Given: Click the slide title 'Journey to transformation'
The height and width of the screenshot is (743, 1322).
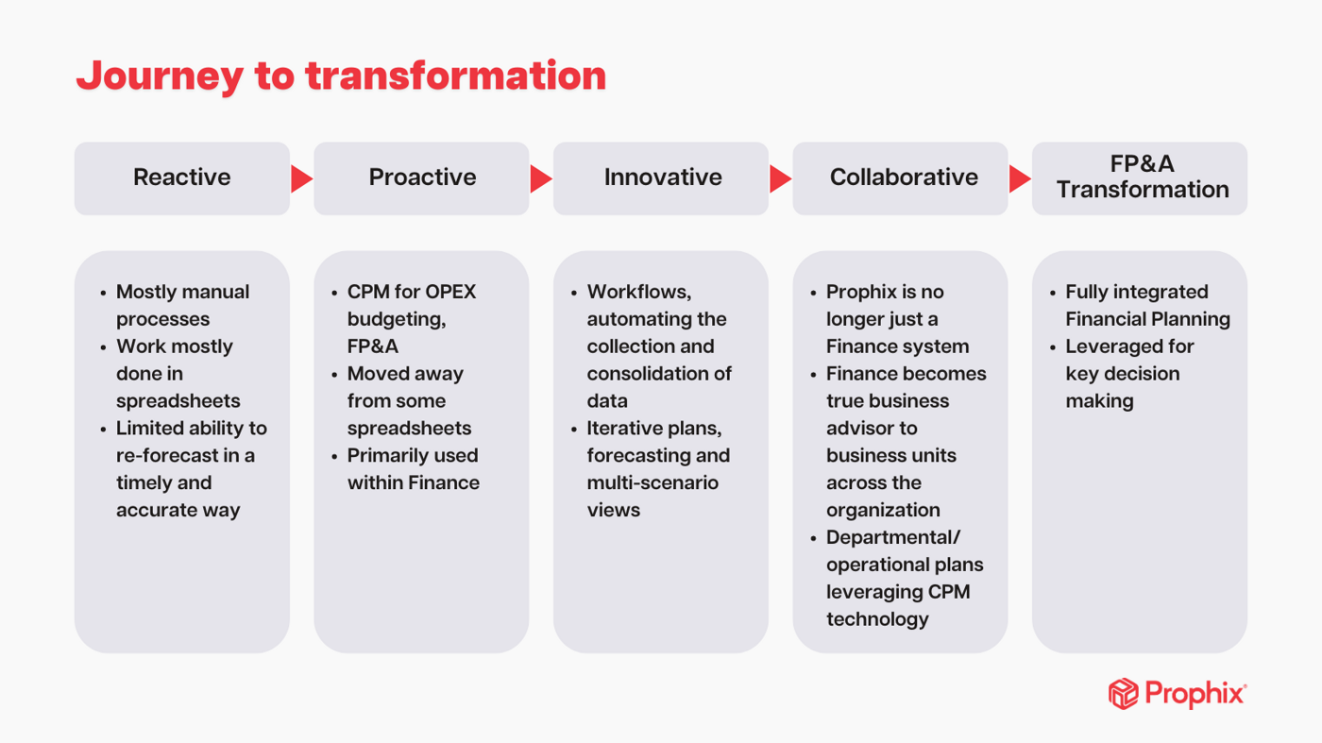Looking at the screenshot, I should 341,76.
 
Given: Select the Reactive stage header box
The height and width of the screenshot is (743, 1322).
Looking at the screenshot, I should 182,178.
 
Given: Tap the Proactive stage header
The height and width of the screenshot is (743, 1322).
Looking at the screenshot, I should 422,178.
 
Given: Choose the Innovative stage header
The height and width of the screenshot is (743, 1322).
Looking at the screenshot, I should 662,178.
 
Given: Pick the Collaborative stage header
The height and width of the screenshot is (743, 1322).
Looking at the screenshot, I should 903,178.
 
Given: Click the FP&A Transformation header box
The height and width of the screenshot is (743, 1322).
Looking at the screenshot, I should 1141,178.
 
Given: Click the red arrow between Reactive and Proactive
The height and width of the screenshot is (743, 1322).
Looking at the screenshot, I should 301,178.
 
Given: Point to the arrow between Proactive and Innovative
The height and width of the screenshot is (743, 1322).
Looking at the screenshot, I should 540,178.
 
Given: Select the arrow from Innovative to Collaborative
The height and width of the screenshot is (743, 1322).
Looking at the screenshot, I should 780,178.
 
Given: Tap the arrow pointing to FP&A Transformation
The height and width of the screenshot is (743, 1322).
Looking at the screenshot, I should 1019,178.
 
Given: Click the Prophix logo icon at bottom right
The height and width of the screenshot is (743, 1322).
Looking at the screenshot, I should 1123,694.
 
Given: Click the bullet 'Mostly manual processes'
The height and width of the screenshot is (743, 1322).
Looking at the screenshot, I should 182,305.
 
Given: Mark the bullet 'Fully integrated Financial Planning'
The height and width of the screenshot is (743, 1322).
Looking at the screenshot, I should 1146,305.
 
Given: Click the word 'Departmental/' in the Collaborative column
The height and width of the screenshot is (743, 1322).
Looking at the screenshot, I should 892,537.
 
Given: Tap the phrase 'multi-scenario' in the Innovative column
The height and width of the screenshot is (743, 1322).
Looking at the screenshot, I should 652,482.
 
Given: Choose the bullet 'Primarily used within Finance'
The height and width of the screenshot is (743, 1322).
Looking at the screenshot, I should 413,468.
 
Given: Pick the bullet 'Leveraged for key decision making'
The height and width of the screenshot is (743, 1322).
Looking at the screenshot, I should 1128,373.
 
